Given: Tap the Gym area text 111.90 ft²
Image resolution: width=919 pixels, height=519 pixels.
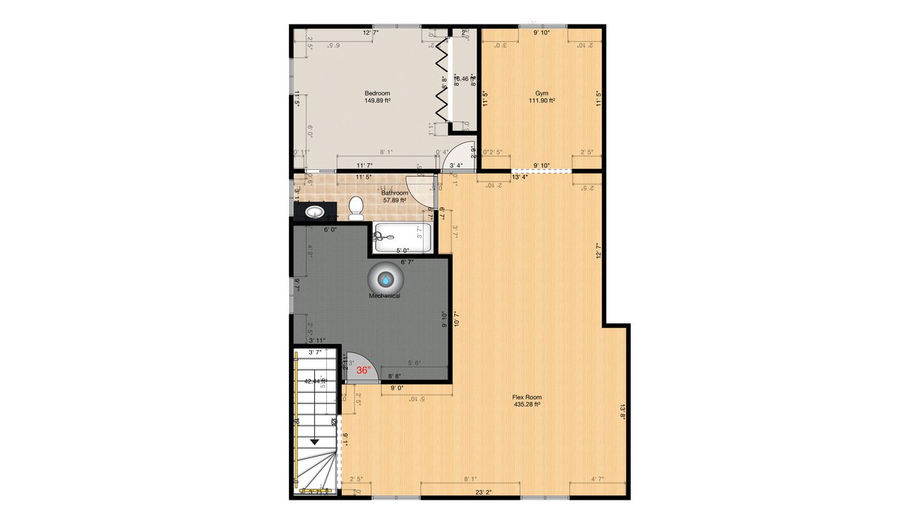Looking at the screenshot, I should point(542,101).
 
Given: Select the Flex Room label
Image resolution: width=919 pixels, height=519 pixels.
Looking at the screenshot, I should point(526,397).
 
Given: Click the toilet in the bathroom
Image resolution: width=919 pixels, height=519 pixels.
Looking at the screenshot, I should point(356,208).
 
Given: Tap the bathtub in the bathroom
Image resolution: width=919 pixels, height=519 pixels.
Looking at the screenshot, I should point(402,237).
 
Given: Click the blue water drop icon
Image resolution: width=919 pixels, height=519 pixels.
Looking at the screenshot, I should point(386,280).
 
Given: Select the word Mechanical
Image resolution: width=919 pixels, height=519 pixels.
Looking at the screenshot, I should point(385,296).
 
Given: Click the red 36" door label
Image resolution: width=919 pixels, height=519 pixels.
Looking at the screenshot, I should point(363,370).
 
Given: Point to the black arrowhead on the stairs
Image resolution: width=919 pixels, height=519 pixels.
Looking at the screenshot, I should point(314,441).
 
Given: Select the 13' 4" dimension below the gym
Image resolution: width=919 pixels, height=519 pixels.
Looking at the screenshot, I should point(520,177).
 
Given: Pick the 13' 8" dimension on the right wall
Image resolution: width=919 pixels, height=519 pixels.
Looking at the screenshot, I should point(623,411).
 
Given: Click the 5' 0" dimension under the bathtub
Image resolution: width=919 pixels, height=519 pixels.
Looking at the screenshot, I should point(403,251).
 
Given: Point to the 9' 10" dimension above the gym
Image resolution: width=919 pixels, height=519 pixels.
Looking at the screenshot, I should point(542,33).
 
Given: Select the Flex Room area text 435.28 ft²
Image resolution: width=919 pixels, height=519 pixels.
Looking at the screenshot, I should point(526,405).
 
